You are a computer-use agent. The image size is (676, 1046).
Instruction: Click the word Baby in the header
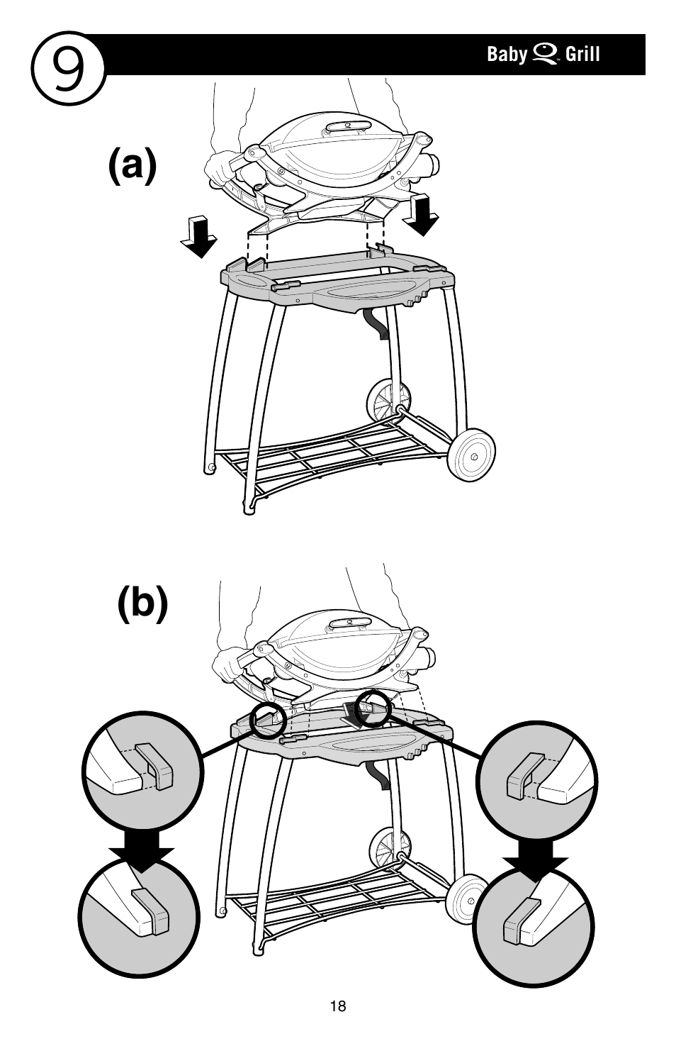click(507, 55)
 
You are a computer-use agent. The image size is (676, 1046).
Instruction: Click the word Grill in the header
click(582, 55)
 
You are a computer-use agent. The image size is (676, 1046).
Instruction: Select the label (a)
click(133, 167)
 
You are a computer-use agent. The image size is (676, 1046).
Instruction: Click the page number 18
click(338, 1006)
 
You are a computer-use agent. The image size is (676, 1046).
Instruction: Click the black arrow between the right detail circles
click(535, 869)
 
